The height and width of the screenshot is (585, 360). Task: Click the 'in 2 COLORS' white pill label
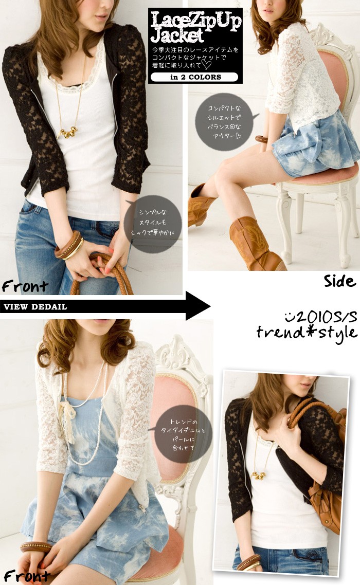(x=194, y=77)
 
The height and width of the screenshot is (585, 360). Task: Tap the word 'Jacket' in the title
(x=177, y=36)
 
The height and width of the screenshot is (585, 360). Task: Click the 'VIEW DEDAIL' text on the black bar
(x=35, y=307)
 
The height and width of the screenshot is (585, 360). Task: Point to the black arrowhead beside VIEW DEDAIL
(x=198, y=306)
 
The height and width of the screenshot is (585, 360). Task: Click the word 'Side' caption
(x=339, y=281)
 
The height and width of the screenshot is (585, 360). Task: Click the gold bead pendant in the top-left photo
(x=67, y=132)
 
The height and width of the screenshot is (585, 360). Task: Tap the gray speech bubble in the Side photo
(x=225, y=122)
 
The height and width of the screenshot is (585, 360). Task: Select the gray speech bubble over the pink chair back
(x=182, y=434)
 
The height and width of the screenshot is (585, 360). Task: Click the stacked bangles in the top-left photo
(x=69, y=246)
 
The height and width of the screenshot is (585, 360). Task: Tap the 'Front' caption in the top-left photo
(x=25, y=286)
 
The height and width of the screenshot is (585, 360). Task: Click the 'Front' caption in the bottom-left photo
(x=27, y=576)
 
